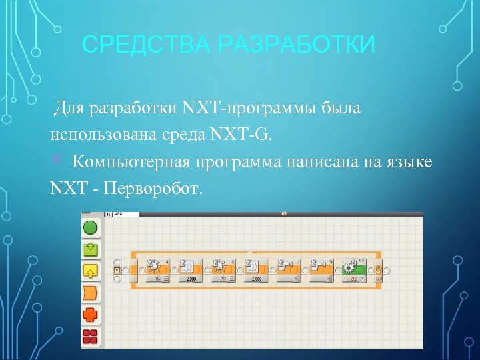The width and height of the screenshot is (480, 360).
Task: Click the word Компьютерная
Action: [x=131, y=163]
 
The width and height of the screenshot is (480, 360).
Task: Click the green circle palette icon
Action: [x=90, y=228]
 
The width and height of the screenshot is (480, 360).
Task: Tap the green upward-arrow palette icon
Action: [x=90, y=249]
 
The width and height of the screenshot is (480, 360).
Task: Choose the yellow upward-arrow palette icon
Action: [x=90, y=271]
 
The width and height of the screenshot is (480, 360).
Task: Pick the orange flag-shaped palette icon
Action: [x=90, y=293]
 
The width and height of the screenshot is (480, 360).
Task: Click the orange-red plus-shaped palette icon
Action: [x=90, y=314]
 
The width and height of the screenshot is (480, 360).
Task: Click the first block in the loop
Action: [x=158, y=270]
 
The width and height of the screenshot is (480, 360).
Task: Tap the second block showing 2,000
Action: [x=191, y=270]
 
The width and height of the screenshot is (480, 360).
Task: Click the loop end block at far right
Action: [x=379, y=270]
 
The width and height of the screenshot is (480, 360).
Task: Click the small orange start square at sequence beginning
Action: [x=117, y=271]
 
